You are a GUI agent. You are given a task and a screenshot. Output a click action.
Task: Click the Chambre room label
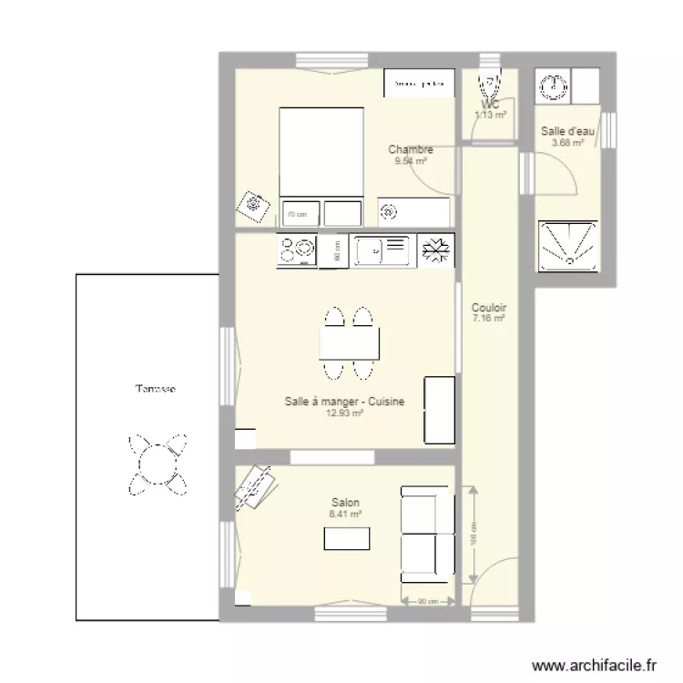[x=410, y=149]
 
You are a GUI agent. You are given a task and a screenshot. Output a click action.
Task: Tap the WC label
[x=491, y=105]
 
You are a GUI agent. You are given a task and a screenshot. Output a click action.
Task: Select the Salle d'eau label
[x=567, y=131]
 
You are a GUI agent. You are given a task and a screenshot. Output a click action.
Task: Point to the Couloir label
[x=489, y=308]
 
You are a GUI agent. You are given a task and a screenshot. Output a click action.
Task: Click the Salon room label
[x=345, y=503]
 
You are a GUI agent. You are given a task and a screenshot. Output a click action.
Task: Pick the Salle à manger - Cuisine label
[x=344, y=402]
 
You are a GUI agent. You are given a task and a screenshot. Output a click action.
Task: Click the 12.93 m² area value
[x=344, y=413]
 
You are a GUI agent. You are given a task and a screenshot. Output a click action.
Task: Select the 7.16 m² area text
[x=489, y=319]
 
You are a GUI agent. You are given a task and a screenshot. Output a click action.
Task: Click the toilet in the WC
[x=490, y=86]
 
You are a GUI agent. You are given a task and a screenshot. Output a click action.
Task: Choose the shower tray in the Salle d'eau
[x=568, y=244]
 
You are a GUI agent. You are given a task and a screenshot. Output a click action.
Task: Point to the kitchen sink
[x=381, y=250]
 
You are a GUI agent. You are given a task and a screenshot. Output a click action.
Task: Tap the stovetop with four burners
[x=296, y=250]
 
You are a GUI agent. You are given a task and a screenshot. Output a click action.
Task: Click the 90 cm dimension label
[x=428, y=601]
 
